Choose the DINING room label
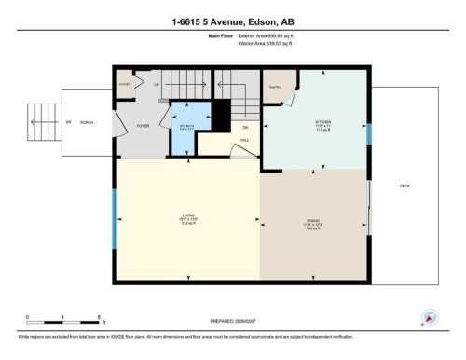(x=314, y=224)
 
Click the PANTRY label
(x=275, y=88)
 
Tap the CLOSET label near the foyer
(x=124, y=84)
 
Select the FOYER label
(x=144, y=125)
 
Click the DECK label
(x=404, y=187)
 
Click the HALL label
(x=244, y=140)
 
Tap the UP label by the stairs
(x=156, y=83)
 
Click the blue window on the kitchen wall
(x=370, y=134)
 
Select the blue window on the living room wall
(x=115, y=231)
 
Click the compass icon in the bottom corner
(x=430, y=317)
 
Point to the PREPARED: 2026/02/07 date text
(x=232, y=322)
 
